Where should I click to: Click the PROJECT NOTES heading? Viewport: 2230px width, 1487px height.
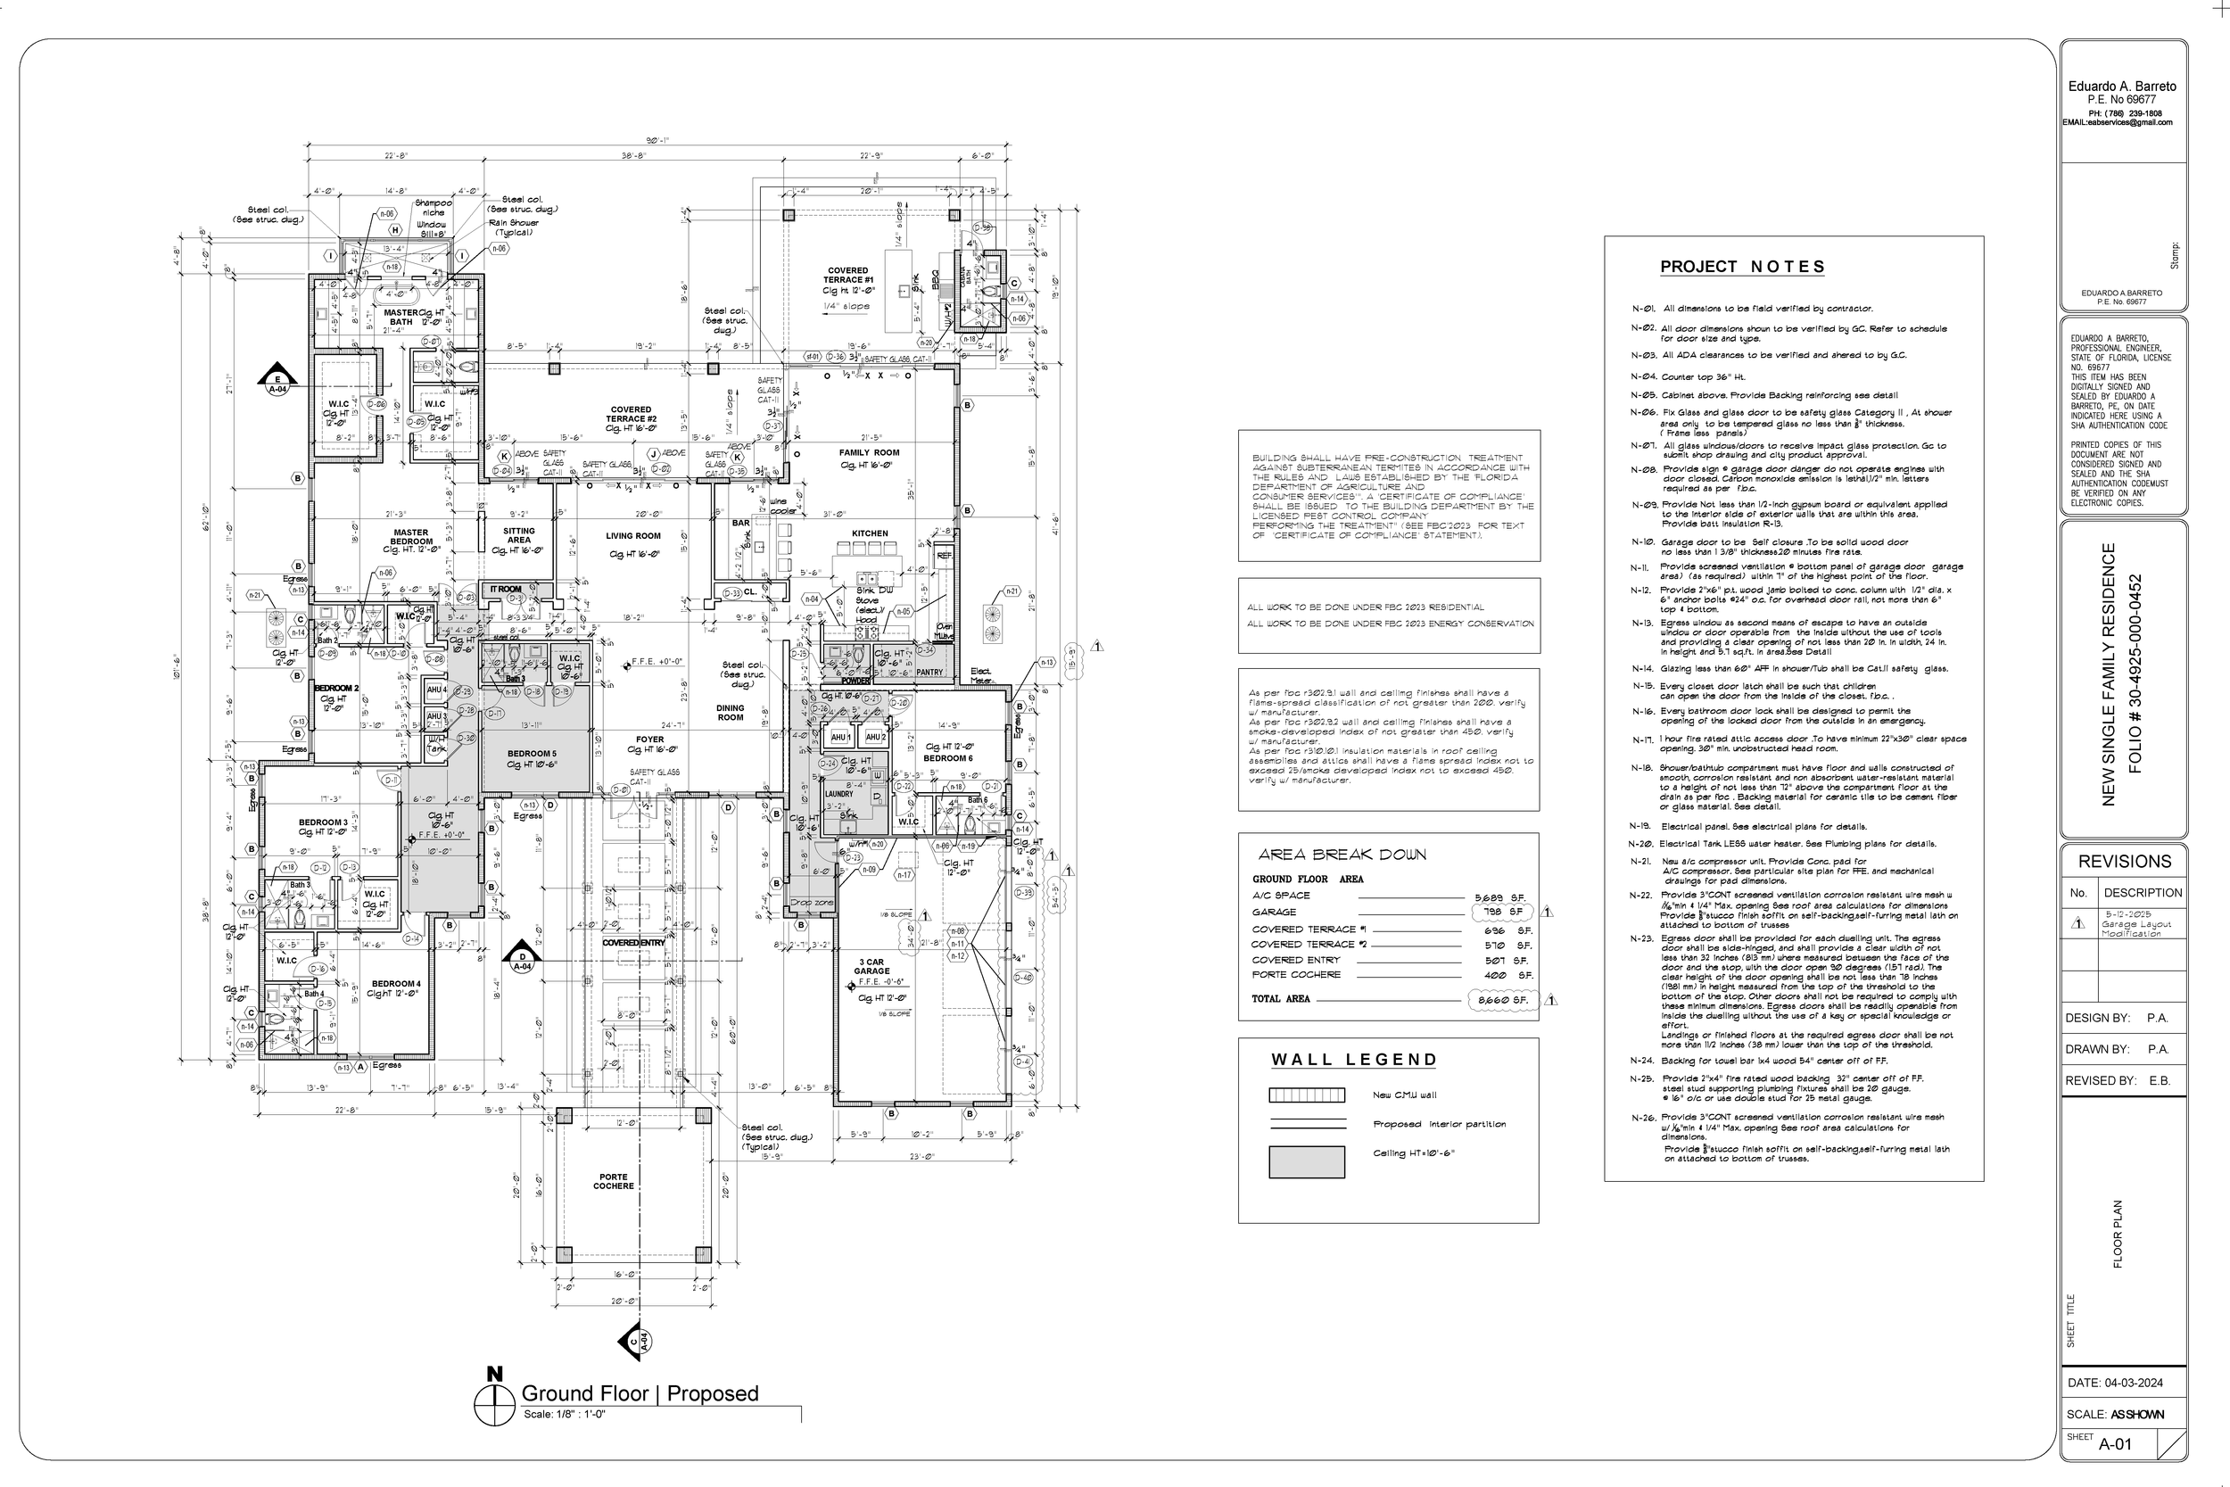coord(1742,268)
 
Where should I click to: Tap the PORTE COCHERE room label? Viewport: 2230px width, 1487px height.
coord(614,1182)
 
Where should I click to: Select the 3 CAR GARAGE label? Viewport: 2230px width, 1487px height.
coord(871,966)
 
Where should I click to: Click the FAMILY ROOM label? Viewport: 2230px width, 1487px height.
coord(869,453)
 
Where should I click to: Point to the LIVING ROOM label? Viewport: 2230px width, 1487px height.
coord(633,536)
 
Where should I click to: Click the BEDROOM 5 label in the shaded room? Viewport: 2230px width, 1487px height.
coord(532,754)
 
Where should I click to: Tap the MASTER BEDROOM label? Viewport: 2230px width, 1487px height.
coord(411,537)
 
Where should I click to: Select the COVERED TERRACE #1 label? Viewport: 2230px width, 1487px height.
coord(847,275)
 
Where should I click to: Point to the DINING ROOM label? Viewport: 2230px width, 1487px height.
coord(730,712)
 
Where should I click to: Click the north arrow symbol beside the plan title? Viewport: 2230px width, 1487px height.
coord(494,1400)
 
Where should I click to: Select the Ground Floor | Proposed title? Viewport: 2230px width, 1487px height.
coord(640,1393)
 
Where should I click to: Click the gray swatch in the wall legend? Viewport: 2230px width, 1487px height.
coord(1307,1161)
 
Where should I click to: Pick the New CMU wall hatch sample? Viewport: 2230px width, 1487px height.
coord(1307,1095)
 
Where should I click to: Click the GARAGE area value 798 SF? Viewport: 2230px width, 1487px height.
coord(1502,912)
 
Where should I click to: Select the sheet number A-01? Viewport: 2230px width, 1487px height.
coord(2115,1444)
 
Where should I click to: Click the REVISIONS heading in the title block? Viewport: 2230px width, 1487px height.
coord(2124,861)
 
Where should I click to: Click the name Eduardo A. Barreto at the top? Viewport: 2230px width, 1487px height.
coord(2122,87)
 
